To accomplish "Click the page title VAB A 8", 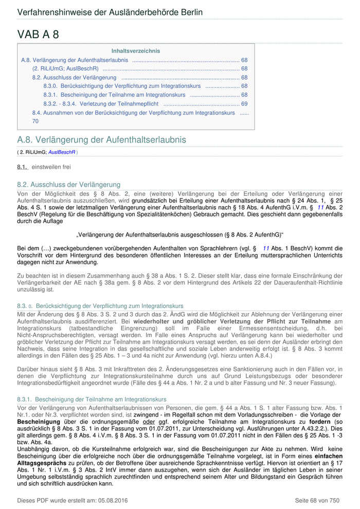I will pos(38,34).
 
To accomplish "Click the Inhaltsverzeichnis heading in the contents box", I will pos(136,51).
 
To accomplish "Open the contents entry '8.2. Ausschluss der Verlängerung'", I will pos(74,78).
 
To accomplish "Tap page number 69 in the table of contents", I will pos(244,104).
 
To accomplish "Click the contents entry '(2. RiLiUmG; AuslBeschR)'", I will pos(65,68).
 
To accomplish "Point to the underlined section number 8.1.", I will pos(22,167).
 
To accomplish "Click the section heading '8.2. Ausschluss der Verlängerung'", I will pos(68,185).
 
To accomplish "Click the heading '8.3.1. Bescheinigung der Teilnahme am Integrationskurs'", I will pos(92,399).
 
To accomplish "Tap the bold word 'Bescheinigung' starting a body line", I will pos(39,422).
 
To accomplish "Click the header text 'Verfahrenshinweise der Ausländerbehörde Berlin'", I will pos(110,12).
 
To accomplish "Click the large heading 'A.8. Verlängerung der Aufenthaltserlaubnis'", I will pos(101,140).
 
